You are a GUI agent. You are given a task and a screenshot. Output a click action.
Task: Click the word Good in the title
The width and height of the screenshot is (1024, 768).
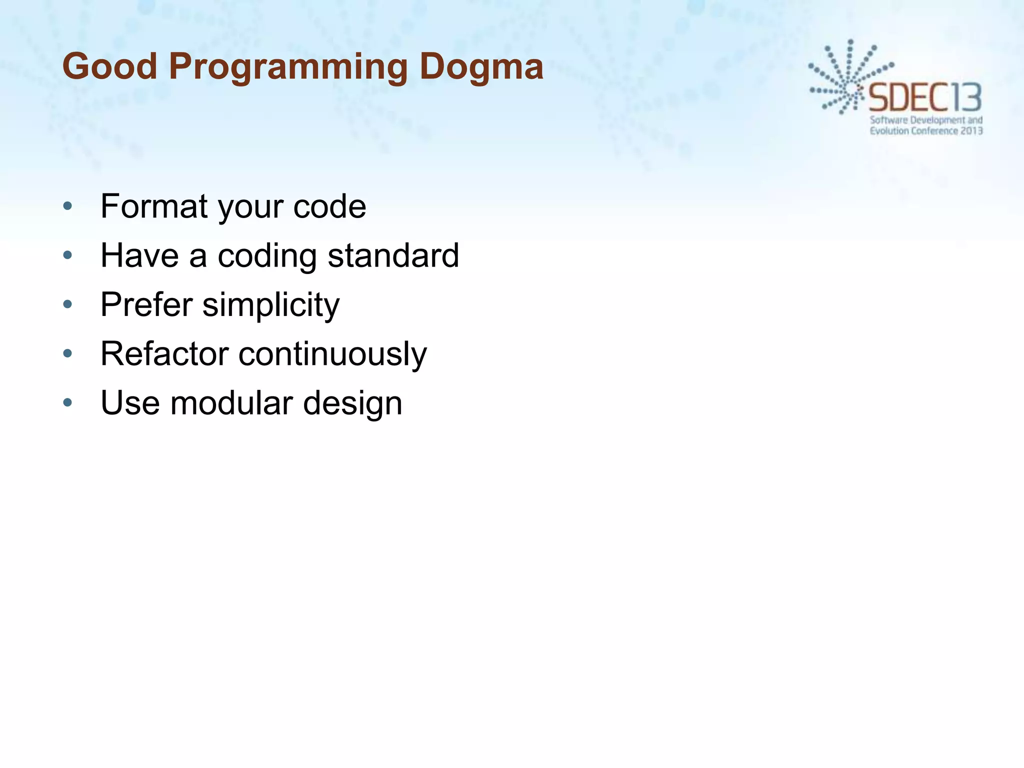point(110,66)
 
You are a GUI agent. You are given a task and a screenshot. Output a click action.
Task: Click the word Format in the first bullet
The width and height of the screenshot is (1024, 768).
point(154,206)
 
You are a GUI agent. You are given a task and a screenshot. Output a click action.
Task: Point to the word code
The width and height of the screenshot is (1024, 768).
point(329,206)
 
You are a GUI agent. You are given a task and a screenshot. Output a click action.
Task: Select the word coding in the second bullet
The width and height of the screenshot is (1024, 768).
point(267,256)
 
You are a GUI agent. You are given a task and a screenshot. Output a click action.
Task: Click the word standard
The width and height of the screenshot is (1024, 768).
point(393,255)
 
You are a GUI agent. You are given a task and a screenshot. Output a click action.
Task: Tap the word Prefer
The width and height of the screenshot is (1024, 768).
point(146,304)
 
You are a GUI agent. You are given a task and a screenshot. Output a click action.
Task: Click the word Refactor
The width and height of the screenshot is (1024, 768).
point(164,353)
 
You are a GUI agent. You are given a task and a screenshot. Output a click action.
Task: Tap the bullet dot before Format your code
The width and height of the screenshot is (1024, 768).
point(68,206)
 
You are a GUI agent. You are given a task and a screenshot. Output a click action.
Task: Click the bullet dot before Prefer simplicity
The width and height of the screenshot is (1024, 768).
point(68,304)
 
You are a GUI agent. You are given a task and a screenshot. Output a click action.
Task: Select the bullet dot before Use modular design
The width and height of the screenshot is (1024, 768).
point(68,402)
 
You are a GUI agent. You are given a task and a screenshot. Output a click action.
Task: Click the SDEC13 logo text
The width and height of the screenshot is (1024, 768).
point(925,98)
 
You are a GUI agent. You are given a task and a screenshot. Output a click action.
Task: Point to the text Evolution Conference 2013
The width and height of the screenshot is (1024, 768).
point(926,131)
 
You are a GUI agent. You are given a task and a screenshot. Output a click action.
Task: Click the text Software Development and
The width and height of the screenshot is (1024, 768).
point(926,120)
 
